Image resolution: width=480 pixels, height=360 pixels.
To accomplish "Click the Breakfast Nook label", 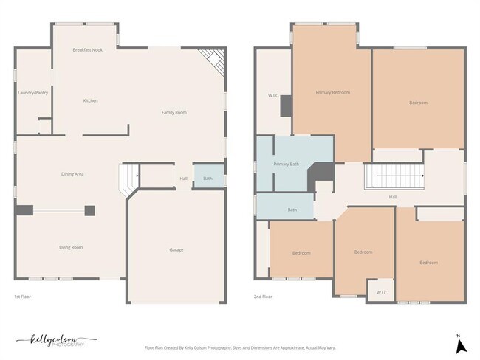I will tap(86, 49).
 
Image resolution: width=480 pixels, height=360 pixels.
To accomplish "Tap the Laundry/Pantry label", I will tap(32, 93).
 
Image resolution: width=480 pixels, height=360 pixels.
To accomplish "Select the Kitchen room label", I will tap(90, 100).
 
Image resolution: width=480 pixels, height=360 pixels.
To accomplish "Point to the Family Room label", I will tap(174, 112).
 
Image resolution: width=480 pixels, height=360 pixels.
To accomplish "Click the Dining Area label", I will tap(72, 174).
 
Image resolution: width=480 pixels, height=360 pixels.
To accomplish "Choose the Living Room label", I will tap(71, 247).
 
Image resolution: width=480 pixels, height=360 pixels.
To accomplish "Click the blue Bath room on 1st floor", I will tap(208, 178).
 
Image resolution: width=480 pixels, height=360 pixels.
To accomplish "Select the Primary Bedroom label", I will tap(332, 92).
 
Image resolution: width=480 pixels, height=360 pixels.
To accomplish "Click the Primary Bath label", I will tap(286, 164).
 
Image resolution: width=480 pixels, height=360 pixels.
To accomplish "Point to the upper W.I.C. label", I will tap(272, 95).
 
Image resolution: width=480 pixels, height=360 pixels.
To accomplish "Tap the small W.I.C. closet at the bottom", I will tap(382, 292).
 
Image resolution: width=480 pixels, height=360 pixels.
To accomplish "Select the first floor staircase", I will tap(128, 178).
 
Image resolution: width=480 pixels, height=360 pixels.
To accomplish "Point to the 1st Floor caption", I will tap(22, 297).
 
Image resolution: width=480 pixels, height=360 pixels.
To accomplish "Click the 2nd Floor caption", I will tap(263, 297).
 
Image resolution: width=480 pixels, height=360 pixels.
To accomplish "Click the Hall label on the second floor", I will tap(393, 197).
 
